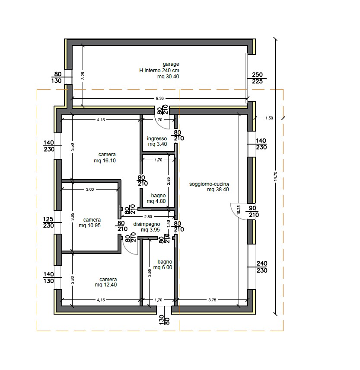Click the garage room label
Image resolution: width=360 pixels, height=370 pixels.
pos(159,70)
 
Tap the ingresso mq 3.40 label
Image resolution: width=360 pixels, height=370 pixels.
pos(157,141)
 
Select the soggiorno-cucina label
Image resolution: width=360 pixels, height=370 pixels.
pos(209,187)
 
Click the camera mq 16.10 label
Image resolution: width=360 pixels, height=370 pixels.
pos(105,158)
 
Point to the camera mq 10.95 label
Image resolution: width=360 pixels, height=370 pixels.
pos(90,222)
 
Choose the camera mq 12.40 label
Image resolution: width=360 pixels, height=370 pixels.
pos(106,282)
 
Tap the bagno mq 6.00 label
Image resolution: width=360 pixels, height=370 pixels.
pos(163,264)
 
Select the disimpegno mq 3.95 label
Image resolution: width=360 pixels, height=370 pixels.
pos(147,227)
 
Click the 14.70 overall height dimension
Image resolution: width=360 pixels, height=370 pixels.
pos(276,176)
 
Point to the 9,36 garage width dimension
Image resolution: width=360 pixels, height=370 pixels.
pos(159,98)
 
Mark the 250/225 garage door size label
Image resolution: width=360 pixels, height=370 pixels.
pos(257,78)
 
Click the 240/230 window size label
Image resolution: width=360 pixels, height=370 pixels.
pos(262,267)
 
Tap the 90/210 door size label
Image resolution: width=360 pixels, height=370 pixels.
pos(252,212)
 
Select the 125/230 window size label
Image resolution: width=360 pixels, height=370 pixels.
pos(48,222)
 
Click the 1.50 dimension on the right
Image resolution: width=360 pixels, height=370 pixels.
pos(269,118)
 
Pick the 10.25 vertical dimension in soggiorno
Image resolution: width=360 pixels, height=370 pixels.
pos(239,210)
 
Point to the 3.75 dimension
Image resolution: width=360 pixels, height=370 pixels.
pos(212,300)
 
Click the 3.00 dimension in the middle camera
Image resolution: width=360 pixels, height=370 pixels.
pos(90,189)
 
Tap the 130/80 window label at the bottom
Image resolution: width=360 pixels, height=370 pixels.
pos(165,320)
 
